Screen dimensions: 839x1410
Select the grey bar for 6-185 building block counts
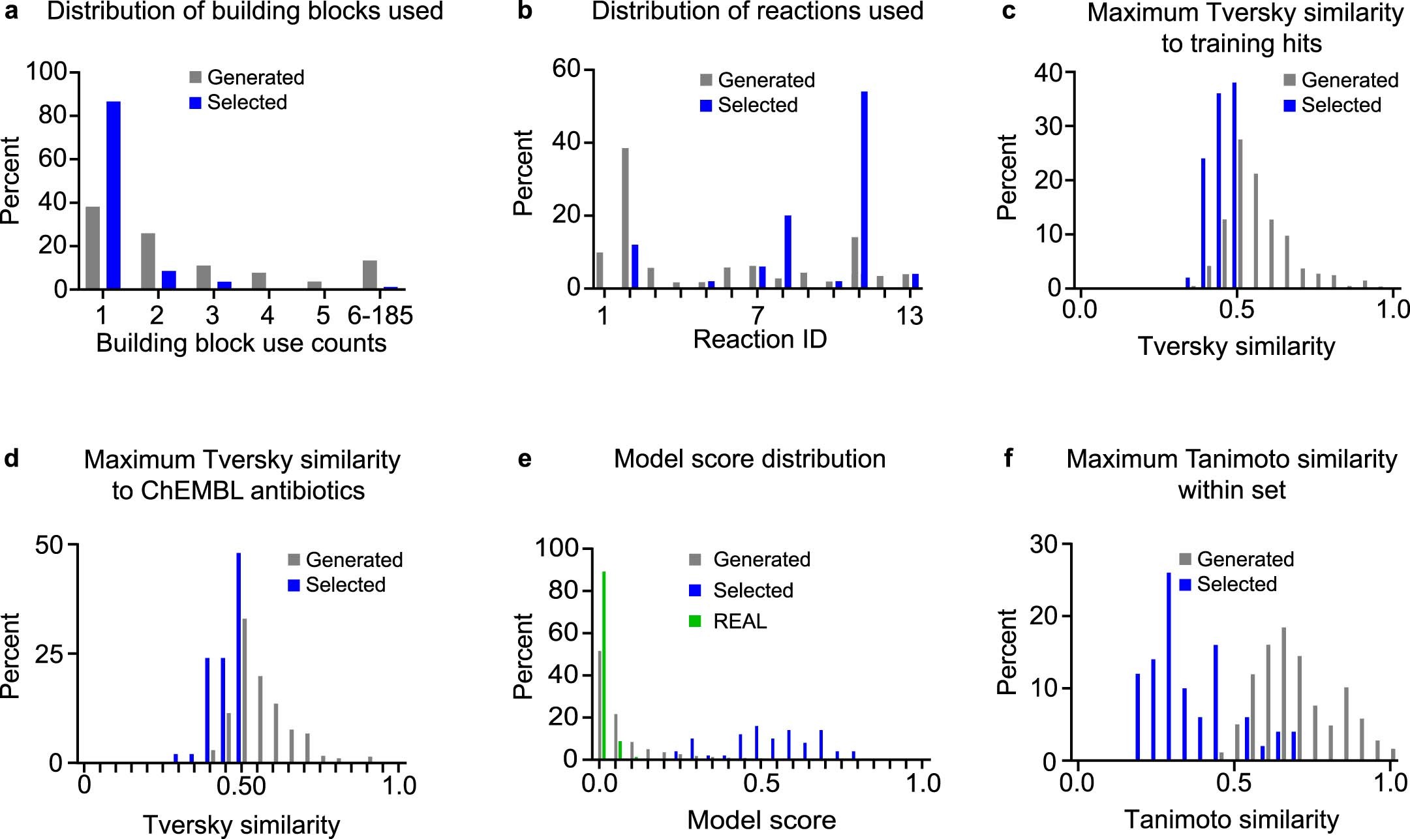point(370,275)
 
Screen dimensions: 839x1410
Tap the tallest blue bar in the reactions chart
point(865,189)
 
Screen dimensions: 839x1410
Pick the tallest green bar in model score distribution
point(604,665)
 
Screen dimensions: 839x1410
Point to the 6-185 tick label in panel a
point(380,316)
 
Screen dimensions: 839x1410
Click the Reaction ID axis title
point(759,339)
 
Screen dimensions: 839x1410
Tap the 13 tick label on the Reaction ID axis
point(909,316)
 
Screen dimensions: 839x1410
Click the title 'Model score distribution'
point(749,459)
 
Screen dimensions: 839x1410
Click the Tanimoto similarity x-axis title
point(1231,819)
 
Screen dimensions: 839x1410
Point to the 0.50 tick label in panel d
point(241,786)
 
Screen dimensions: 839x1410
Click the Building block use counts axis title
point(241,343)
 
